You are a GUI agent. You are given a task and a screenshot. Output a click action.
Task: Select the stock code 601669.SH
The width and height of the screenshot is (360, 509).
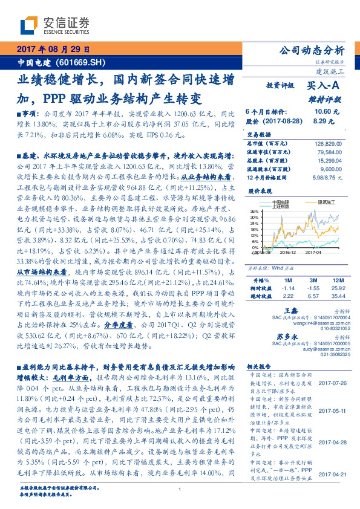(84, 62)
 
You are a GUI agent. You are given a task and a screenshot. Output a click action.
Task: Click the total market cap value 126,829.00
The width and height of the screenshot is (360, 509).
(328, 143)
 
